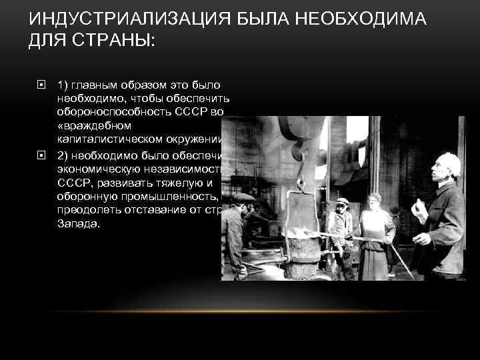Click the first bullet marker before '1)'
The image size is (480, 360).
(42, 85)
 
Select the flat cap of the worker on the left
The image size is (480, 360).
(243, 197)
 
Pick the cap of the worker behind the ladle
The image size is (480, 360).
(342, 200)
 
